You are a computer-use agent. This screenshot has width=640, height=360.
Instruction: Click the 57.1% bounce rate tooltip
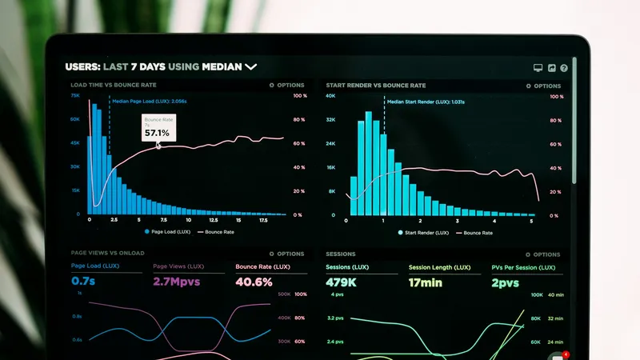point(157,128)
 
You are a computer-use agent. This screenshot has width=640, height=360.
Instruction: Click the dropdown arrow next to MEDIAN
point(250,67)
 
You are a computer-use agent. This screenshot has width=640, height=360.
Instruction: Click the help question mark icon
point(564,69)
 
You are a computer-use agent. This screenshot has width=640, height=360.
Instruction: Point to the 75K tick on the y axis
point(75,95)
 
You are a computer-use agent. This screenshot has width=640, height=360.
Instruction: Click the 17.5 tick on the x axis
point(263,220)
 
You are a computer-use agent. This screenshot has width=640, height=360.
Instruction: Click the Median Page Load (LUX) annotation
point(149,102)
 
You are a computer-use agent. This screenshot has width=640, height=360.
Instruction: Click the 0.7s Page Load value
point(83,282)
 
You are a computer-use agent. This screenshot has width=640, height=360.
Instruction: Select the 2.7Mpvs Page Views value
point(176,282)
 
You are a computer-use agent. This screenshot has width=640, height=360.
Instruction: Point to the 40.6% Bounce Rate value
point(254,282)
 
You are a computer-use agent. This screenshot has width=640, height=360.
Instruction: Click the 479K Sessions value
point(342,282)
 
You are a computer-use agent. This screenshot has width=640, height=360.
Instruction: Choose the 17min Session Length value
point(426,282)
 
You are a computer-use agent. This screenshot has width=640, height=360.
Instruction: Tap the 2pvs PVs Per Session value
point(505,282)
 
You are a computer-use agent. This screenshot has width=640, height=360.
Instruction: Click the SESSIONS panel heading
point(341,254)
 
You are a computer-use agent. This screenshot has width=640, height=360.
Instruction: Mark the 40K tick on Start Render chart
point(330,96)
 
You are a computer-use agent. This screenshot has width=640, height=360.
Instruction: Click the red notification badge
point(566,354)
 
